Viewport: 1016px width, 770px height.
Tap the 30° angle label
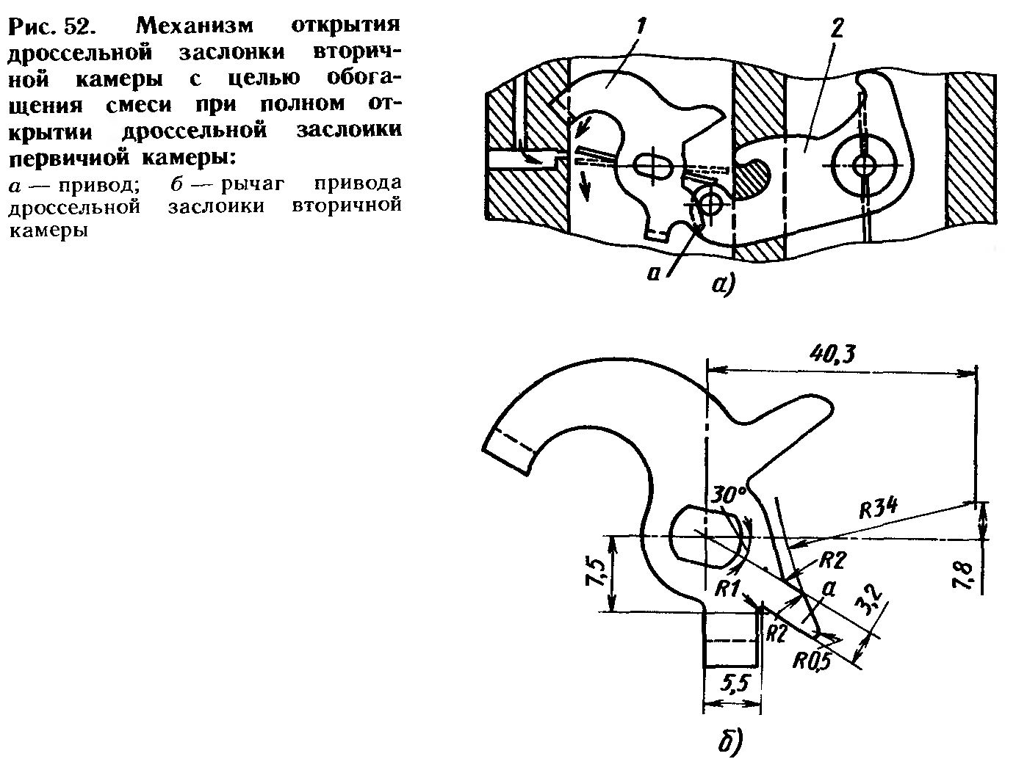point(728,495)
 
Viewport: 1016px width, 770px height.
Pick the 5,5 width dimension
point(730,685)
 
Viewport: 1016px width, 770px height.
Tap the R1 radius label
point(728,587)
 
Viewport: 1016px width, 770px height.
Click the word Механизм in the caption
point(194,26)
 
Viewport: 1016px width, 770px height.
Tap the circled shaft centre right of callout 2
point(865,165)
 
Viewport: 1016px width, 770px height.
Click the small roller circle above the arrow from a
point(710,198)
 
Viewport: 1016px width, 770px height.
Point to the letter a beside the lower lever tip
point(830,589)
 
